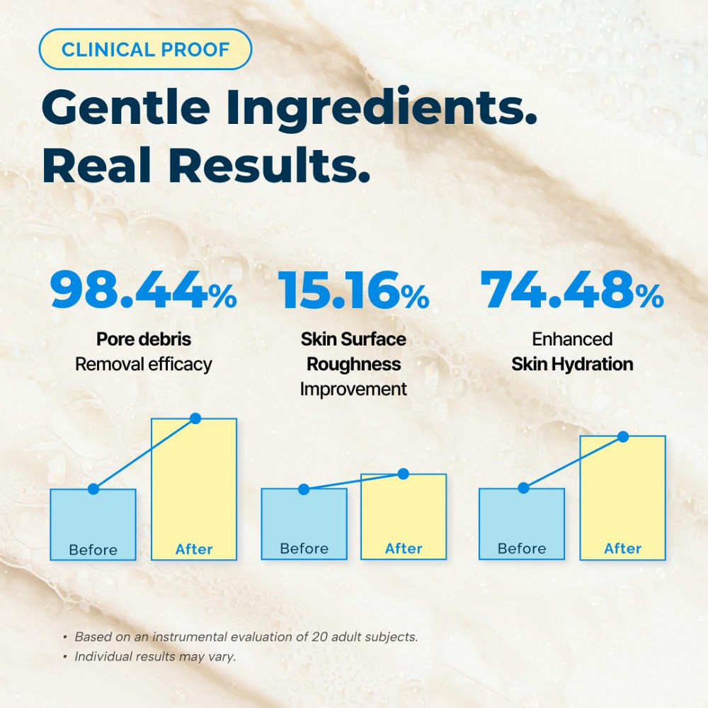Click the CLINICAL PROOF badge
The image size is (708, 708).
145,50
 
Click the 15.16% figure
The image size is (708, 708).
353,290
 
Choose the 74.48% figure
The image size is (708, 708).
572,290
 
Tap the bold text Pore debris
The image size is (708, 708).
144,339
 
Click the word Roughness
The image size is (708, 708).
353,365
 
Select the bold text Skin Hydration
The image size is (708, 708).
572,365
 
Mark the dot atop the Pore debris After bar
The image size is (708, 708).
195,418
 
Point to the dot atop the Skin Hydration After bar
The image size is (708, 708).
623,436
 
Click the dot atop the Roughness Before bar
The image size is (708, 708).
304,489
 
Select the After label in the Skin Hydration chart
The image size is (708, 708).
623,549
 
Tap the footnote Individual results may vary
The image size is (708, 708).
156,656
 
